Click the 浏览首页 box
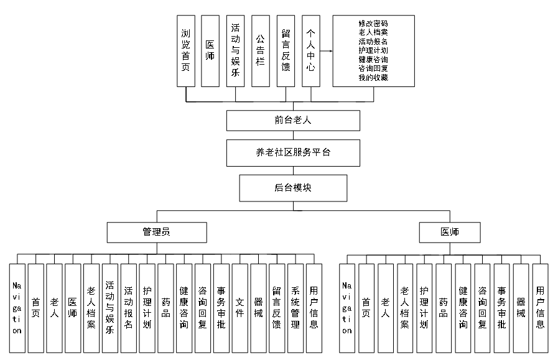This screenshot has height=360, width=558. [x=186, y=51]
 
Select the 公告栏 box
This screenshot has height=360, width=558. [x=261, y=51]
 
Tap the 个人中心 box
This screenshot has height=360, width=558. [x=311, y=51]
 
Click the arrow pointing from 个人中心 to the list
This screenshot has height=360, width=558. [x=327, y=51]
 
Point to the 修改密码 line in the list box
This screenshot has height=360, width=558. [x=373, y=24]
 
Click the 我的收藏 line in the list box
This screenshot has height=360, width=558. [x=373, y=77]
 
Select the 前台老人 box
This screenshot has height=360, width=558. [x=293, y=121]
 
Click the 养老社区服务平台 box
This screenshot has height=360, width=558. [x=293, y=153]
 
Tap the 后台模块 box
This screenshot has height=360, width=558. [x=293, y=188]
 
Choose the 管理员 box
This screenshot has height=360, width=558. [x=157, y=233]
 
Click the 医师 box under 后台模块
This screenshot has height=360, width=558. [x=450, y=233]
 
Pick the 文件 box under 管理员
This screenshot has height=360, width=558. [x=240, y=308]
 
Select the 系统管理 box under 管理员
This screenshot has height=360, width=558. [x=295, y=308]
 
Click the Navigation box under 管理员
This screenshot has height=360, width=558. [x=17, y=308]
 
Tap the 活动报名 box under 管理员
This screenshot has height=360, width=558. [x=129, y=308]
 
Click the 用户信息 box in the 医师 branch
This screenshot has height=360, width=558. [x=540, y=308]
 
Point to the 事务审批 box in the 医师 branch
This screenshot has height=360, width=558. [x=502, y=308]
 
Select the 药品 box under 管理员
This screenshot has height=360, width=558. [x=165, y=308]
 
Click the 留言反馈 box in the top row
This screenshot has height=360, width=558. [x=286, y=51]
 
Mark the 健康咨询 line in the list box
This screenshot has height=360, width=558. [x=373, y=60]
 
